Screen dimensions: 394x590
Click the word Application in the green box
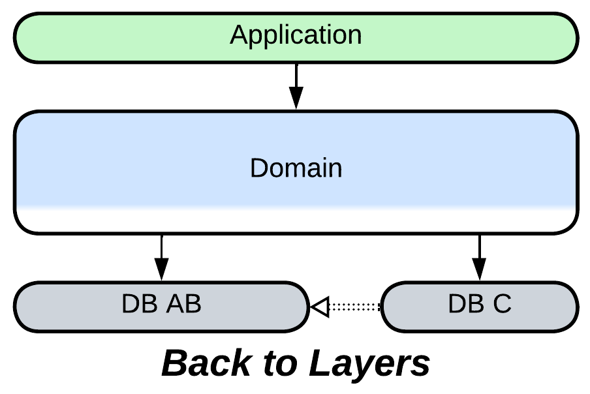click(296, 35)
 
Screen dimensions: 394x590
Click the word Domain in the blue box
click(296, 168)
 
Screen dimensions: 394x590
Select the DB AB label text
click(161, 304)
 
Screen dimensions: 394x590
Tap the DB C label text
click(480, 304)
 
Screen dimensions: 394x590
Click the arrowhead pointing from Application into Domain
click(296, 99)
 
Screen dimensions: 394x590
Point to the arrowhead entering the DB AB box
click(161, 269)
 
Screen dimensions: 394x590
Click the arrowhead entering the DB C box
click(480, 269)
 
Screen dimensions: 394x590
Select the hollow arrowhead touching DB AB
click(318, 306)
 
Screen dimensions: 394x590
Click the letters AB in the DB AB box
click(184, 304)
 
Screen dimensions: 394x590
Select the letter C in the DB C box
click(502, 304)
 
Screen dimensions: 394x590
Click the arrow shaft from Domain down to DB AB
click(161, 246)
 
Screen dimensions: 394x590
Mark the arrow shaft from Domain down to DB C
click(480, 246)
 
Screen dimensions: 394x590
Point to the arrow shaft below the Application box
click(296, 75)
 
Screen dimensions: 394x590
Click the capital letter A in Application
click(239, 35)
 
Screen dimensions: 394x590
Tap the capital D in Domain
click(258, 168)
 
